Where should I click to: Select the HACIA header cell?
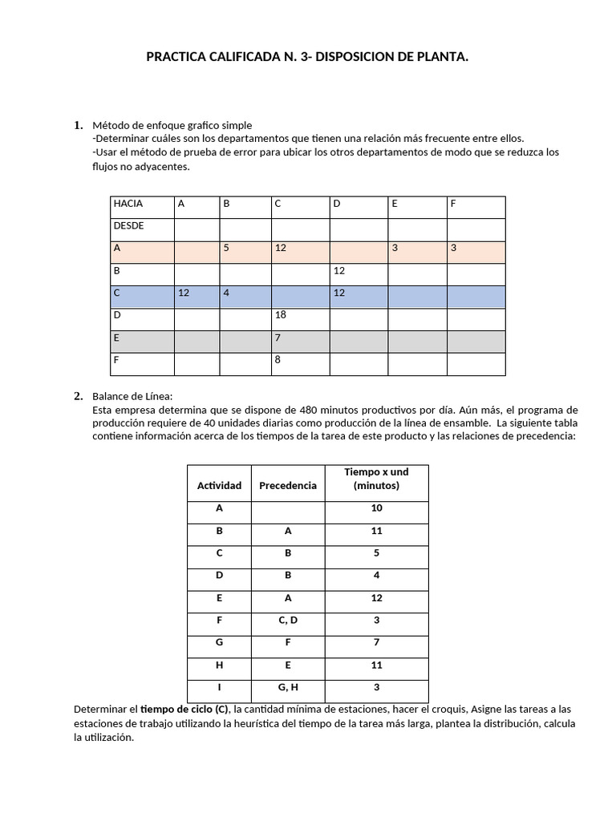coord(128,204)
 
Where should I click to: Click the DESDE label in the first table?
coord(129,226)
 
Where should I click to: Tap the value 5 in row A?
coord(227,249)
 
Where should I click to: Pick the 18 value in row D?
coord(281,315)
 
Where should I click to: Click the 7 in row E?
coord(278,338)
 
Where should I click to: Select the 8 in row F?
coord(278,360)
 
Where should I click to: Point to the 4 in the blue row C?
coord(227,293)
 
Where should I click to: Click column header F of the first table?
coord(453,204)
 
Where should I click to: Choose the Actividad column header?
coord(219,486)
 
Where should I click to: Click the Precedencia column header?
coord(288,486)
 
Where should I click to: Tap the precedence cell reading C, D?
coord(288,620)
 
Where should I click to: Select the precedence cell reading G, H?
coord(288,687)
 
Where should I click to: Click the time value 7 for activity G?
coord(376,642)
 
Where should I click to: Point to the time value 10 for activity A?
coord(376,508)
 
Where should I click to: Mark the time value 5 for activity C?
coord(376,553)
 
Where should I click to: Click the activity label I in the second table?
coord(219,687)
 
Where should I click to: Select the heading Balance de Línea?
coord(132,396)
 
